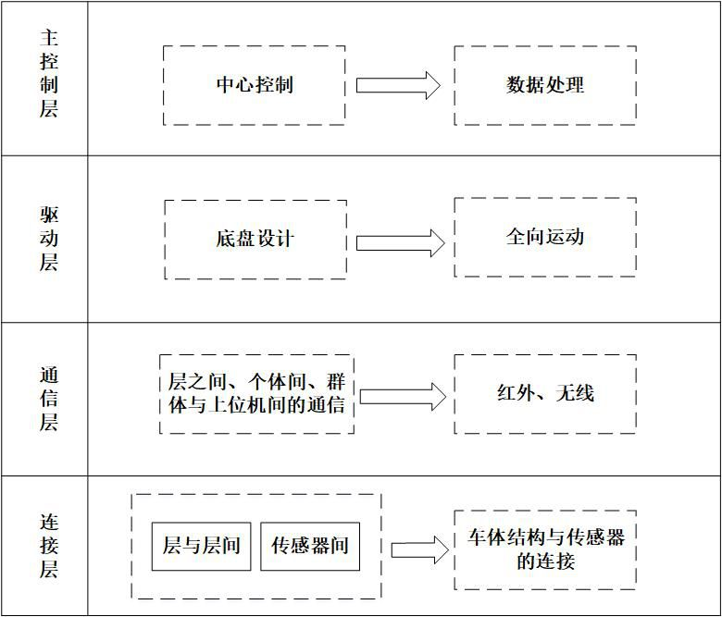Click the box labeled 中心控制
255,85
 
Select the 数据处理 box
545,85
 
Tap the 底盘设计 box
255,239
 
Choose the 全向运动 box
545,237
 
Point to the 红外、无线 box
545,393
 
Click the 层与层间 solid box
201,546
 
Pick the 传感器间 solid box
310,546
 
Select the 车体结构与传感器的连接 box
545,549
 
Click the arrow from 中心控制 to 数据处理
398,85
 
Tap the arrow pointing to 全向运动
400,242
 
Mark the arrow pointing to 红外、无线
402,397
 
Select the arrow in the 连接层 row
419,549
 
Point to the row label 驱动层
49,240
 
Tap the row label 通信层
49,400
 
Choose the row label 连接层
49,546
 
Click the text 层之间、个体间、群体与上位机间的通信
256,393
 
